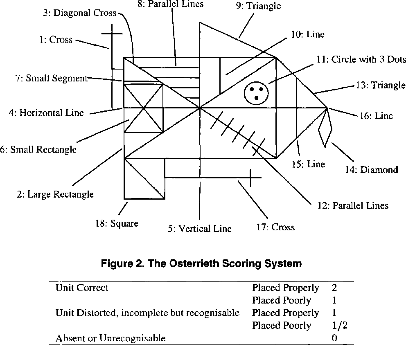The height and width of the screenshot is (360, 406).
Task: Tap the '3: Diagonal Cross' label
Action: pyautogui.click(x=80, y=13)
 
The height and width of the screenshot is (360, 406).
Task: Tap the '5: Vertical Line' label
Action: pyautogui.click(x=199, y=229)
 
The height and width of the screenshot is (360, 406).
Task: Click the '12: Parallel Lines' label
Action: pyautogui.click(x=352, y=205)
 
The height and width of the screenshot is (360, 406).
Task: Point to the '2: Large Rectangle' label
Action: pyautogui.click(x=55, y=194)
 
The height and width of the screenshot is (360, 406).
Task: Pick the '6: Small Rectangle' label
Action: pyautogui.click(x=38, y=149)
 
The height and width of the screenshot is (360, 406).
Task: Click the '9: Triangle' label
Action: pyautogui.click(x=264, y=6)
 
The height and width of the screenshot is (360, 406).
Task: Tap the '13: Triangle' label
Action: pyautogui.click(x=379, y=85)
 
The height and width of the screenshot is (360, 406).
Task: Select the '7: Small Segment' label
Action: pyautogui.click(x=52, y=78)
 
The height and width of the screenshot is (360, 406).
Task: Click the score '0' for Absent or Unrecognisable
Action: pyautogui.click(x=335, y=338)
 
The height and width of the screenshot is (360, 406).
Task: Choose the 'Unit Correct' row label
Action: pyautogui.click(x=82, y=288)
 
